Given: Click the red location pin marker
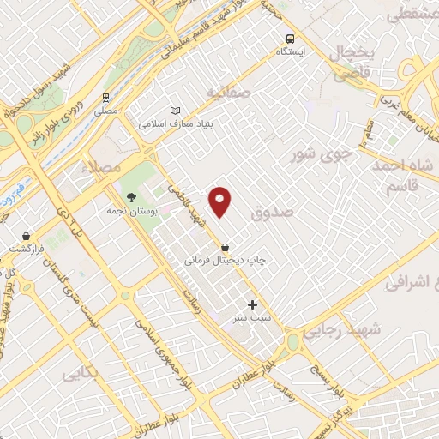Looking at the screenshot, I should pos(221,201).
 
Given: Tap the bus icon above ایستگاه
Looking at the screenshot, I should pos(289,39).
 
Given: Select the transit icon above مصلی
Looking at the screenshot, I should pos(105,98).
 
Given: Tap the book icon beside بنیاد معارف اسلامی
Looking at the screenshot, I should pos(176,111).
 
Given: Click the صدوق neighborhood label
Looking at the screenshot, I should pos(274,209).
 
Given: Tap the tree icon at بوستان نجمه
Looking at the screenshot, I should pos(131,197).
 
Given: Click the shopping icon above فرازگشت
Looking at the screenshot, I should pos(27,235).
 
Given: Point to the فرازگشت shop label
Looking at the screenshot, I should pos(27,248).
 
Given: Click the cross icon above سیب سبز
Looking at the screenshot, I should pos(252,304).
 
